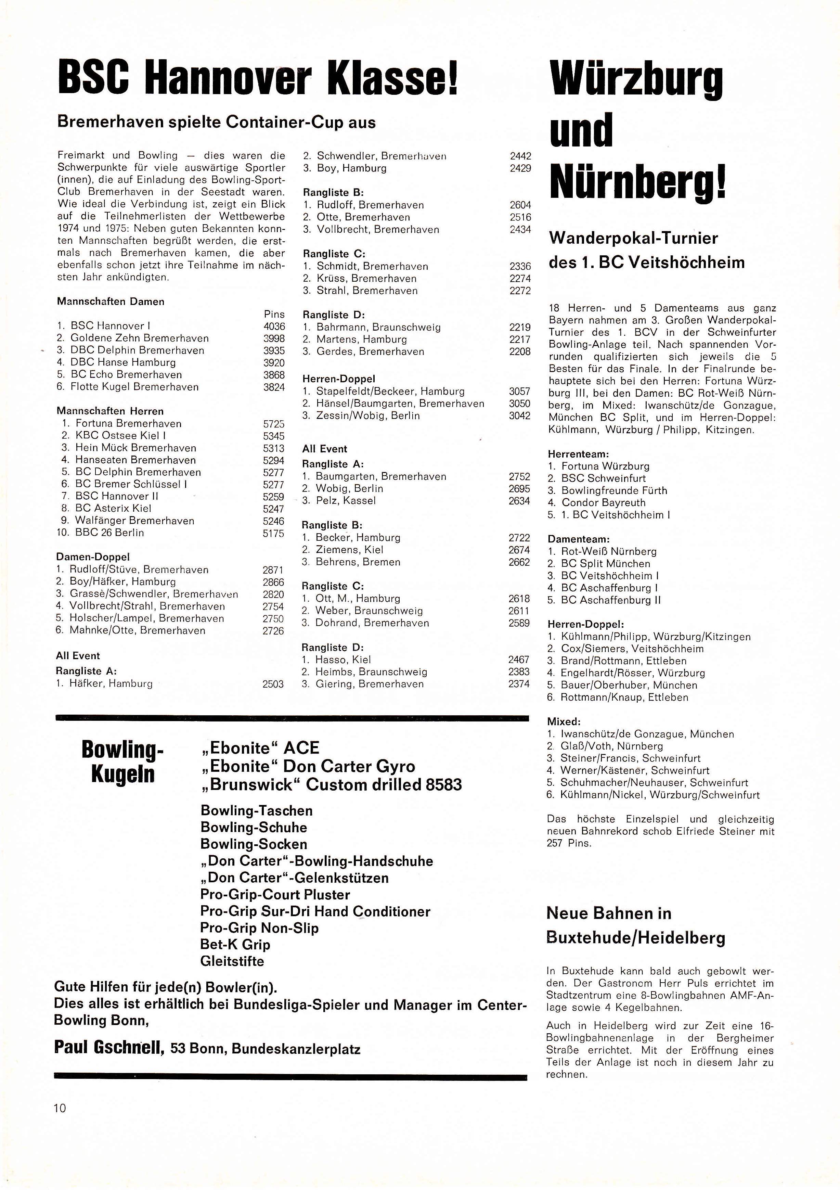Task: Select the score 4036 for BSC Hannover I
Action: coord(274,326)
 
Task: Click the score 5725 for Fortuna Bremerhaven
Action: coord(274,423)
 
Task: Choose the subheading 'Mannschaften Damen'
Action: coord(111,302)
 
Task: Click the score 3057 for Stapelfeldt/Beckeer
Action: coord(520,391)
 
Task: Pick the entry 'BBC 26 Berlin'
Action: coord(109,533)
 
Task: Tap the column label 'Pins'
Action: coord(274,314)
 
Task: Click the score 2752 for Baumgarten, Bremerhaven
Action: coord(519,476)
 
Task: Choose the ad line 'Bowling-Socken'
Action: coord(254,844)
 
